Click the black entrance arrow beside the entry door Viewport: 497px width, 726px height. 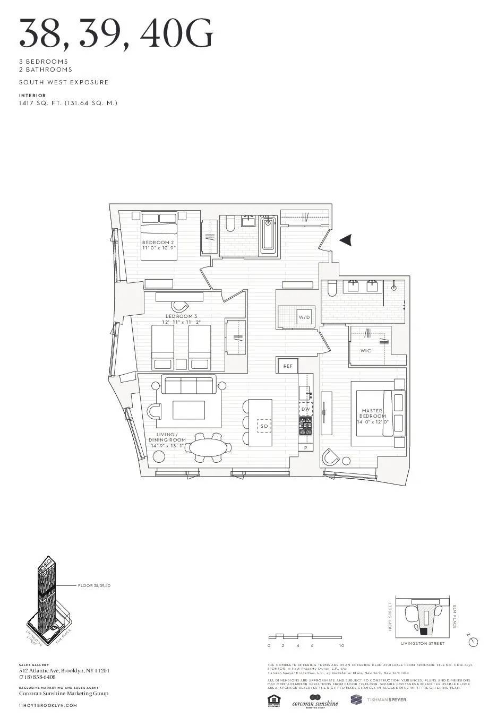pyautogui.click(x=346, y=240)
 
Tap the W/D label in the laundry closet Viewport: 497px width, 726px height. pyautogui.click(x=304, y=317)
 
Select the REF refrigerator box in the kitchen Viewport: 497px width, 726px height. pyautogui.click(x=287, y=366)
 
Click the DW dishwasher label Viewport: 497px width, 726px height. pyautogui.click(x=305, y=409)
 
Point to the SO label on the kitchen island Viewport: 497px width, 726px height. pyautogui.click(x=264, y=426)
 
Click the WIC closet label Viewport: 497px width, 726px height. pyautogui.click(x=365, y=351)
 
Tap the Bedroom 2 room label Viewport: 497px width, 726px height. pyautogui.click(x=158, y=243)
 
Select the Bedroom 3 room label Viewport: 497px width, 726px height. pyautogui.click(x=181, y=316)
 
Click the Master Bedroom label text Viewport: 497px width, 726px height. pyautogui.click(x=372, y=413)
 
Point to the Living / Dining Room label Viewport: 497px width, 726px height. pyautogui.click(x=167, y=437)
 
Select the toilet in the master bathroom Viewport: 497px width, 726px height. pyautogui.click(x=331, y=289)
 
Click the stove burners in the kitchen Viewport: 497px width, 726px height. pyautogui.click(x=306, y=423)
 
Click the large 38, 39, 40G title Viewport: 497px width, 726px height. pyautogui.click(x=116, y=33)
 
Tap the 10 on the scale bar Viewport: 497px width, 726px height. pyautogui.click(x=341, y=646)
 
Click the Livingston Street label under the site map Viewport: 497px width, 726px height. pyautogui.click(x=423, y=643)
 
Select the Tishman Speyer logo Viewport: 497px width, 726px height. pyautogui.click(x=379, y=700)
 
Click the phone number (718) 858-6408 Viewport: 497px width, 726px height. pyautogui.click(x=37, y=677)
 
